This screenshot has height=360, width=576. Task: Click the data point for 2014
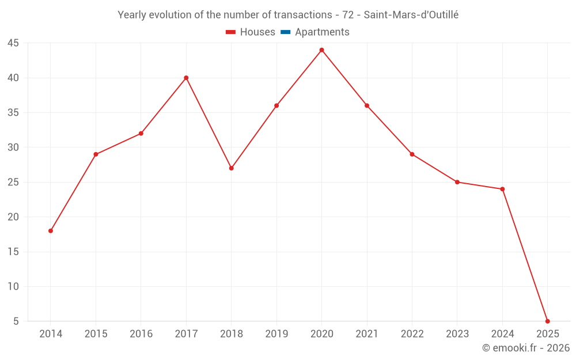tap(51, 231)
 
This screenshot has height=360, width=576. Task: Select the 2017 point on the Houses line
tap(186, 78)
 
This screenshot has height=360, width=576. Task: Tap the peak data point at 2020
tap(321, 50)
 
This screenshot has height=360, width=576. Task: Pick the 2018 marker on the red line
tap(231, 168)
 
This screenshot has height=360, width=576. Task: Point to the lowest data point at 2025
tap(547, 321)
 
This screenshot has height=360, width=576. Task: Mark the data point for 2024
tap(502, 189)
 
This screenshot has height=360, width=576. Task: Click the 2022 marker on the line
tap(412, 154)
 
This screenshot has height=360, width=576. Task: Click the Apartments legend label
tap(322, 32)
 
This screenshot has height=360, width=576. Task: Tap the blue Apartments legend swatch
tap(285, 32)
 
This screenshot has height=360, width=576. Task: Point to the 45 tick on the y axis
tap(13, 43)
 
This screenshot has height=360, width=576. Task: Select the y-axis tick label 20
tap(13, 217)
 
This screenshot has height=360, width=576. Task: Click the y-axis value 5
tap(16, 321)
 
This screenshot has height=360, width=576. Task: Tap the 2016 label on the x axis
tap(141, 334)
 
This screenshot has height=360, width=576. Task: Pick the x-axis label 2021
tap(367, 334)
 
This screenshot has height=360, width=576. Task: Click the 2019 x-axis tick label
tap(276, 334)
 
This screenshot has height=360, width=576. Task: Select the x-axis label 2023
tap(457, 334)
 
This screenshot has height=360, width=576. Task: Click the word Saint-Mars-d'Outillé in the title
tap(411, 15)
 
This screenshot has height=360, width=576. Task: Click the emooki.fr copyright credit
tap(525, 348)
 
